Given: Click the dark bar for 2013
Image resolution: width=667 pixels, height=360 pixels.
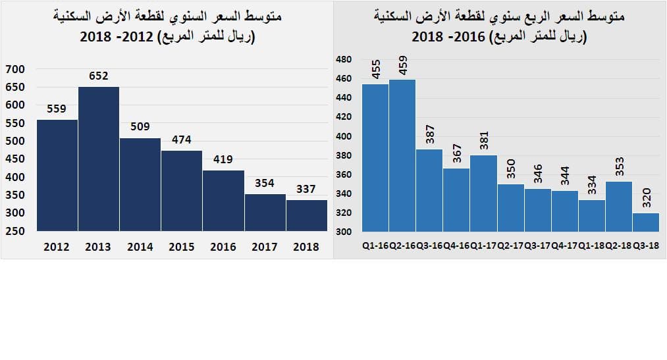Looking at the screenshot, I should pyautogui.click(x=99, y=159).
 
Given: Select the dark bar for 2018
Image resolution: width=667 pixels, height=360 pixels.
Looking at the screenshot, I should pyautogui.click(x=306, y=215).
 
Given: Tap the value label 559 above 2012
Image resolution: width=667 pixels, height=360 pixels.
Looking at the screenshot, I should pyautogui.click(x=57, y=109).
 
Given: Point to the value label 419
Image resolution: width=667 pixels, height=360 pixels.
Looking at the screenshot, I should pyautogui.click(x=223, y=159).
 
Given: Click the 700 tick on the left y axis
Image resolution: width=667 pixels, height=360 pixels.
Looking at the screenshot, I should pyautogui.click(x=14, y=69).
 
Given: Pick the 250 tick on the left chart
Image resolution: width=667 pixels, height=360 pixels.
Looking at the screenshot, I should pyautogui.click(x=14, y=231).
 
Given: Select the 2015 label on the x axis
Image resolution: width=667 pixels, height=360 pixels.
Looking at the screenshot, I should pyautogui.click(x=181, y=247).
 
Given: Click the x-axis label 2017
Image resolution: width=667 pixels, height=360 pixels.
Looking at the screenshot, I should pyautogui.click(x=264, y=247).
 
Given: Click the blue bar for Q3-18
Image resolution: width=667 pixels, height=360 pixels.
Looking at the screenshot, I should pyautogui.click(x=645, y=222).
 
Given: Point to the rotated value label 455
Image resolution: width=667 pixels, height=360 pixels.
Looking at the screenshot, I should pyautogui.click(x=376, y=69).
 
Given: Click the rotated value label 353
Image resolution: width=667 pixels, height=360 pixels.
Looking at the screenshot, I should pyautogui.click(x=619, y=167).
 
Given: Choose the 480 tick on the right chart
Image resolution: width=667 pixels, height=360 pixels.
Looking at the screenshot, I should pyautogui.click(x=344, y=60).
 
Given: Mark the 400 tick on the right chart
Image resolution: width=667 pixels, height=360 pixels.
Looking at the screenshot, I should pyautogui.click(x=344, y=137).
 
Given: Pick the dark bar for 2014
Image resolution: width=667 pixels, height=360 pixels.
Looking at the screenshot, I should pyautogui.click(x=140, y=184).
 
